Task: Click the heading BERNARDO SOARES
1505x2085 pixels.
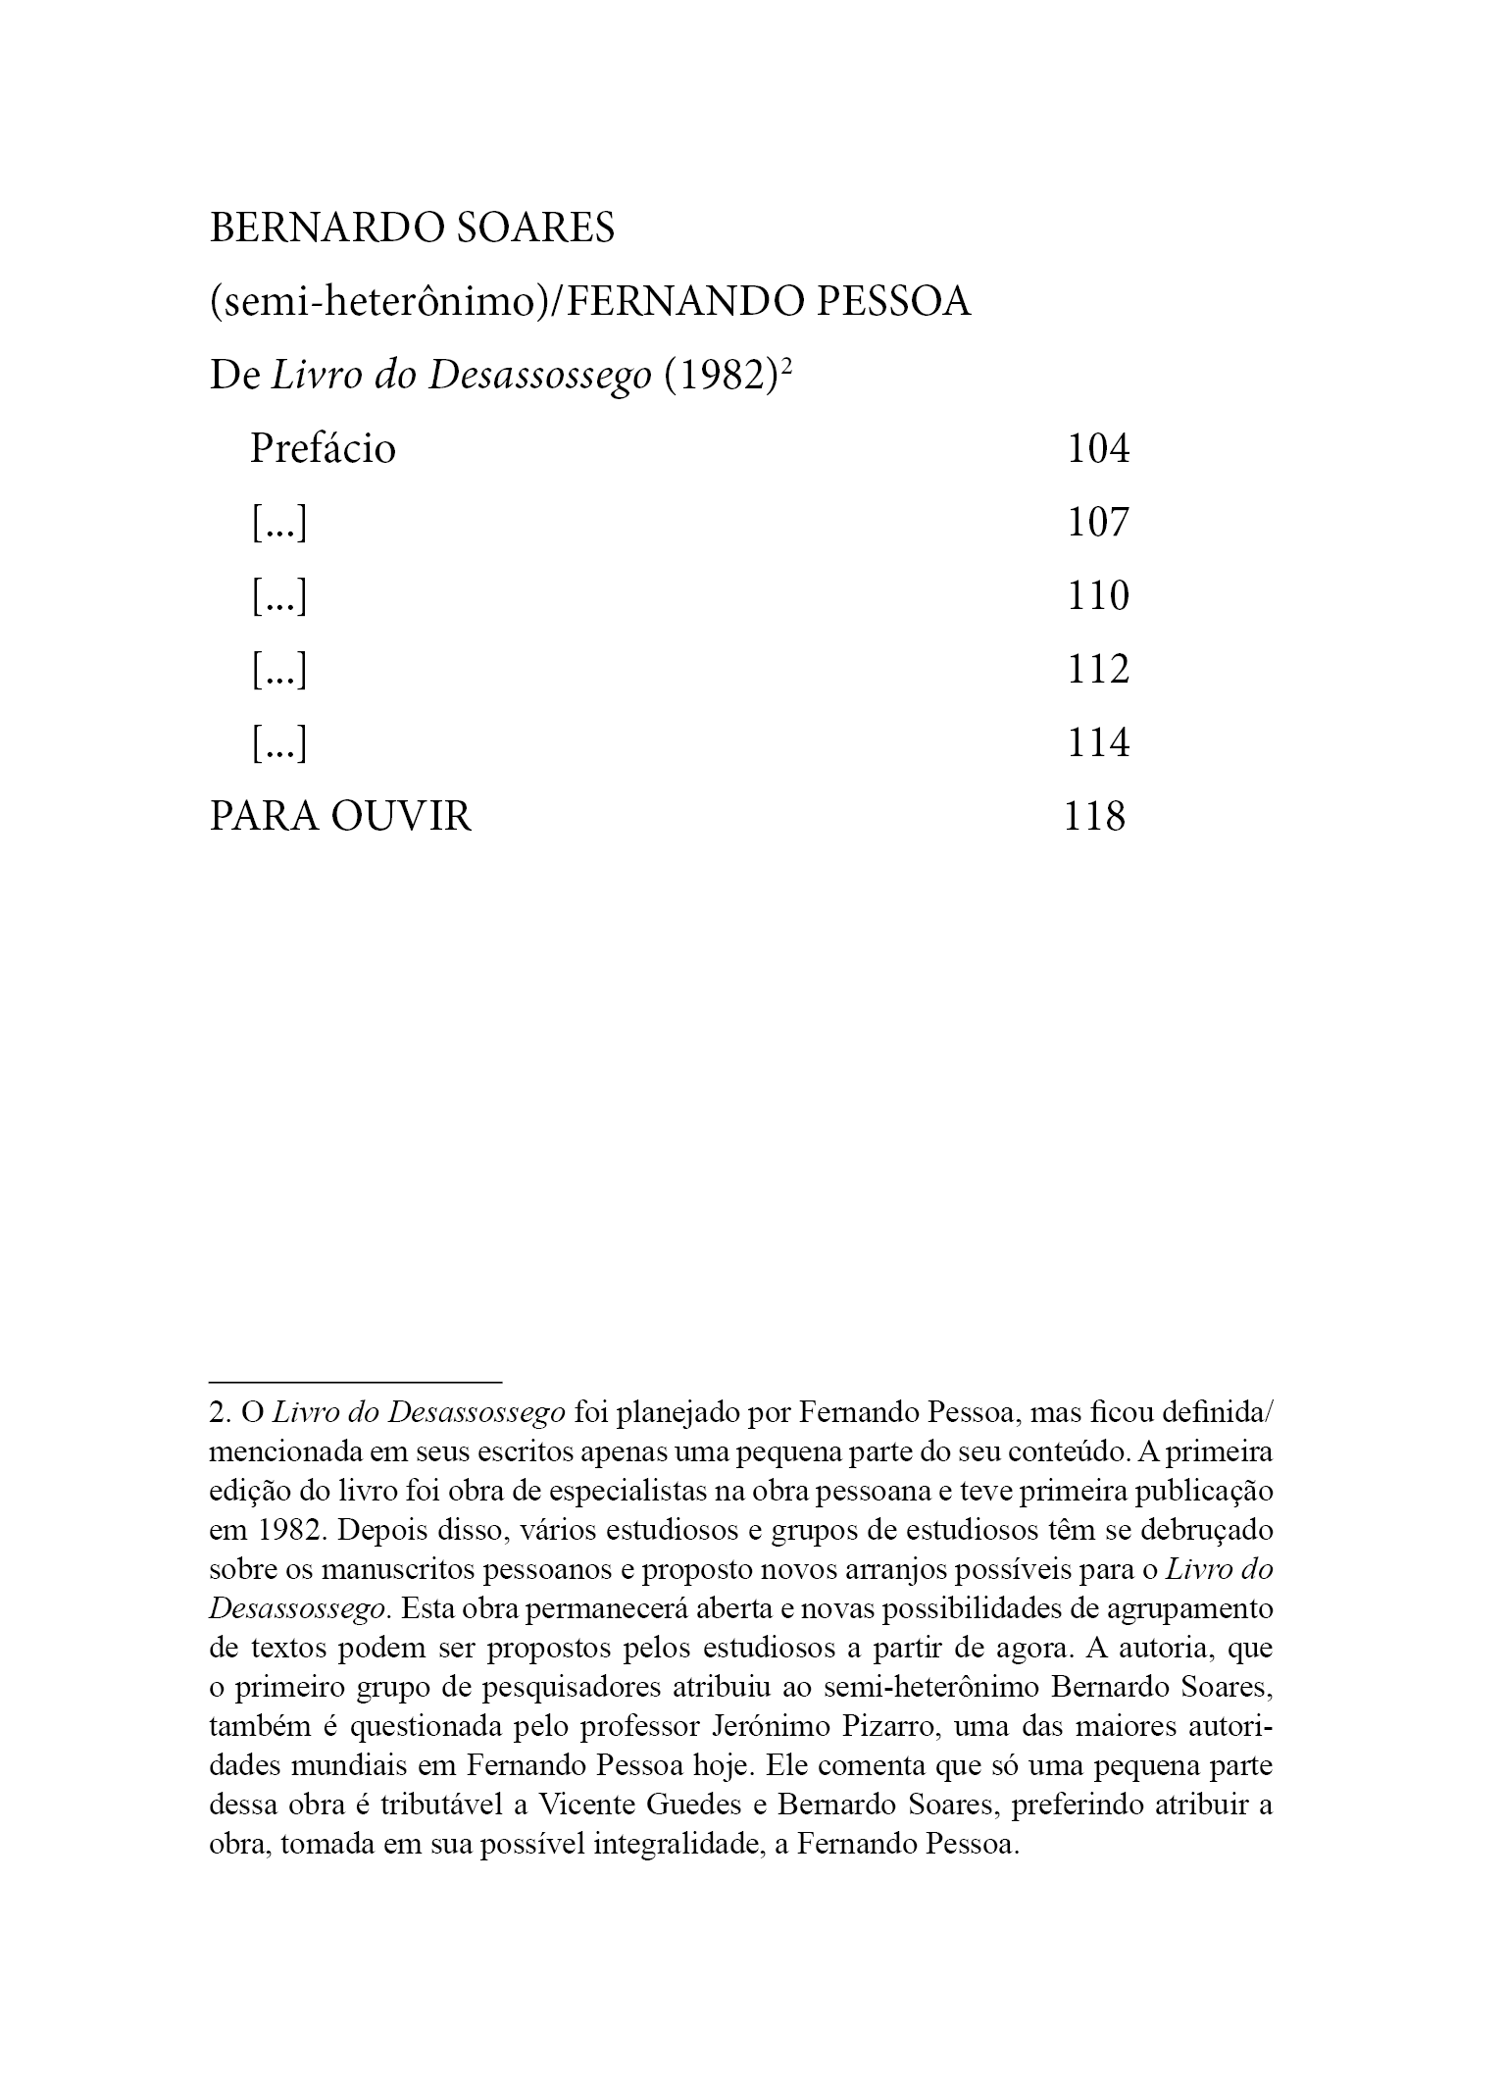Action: (412, 229)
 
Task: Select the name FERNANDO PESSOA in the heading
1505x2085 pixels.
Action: (770, 302)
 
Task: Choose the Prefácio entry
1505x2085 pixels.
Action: (323, 449)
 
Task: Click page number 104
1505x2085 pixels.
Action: (1098, 449)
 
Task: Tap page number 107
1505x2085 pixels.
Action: (1098, 523)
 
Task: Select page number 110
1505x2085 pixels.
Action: (1098, 596)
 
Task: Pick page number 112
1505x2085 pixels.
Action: (1098, 670)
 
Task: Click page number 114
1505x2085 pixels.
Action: (1098, 743)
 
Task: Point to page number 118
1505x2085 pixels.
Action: (1095, 816)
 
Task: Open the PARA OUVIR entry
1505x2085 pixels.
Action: (340, 817)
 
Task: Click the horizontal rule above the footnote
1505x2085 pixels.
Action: (355, 1382)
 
